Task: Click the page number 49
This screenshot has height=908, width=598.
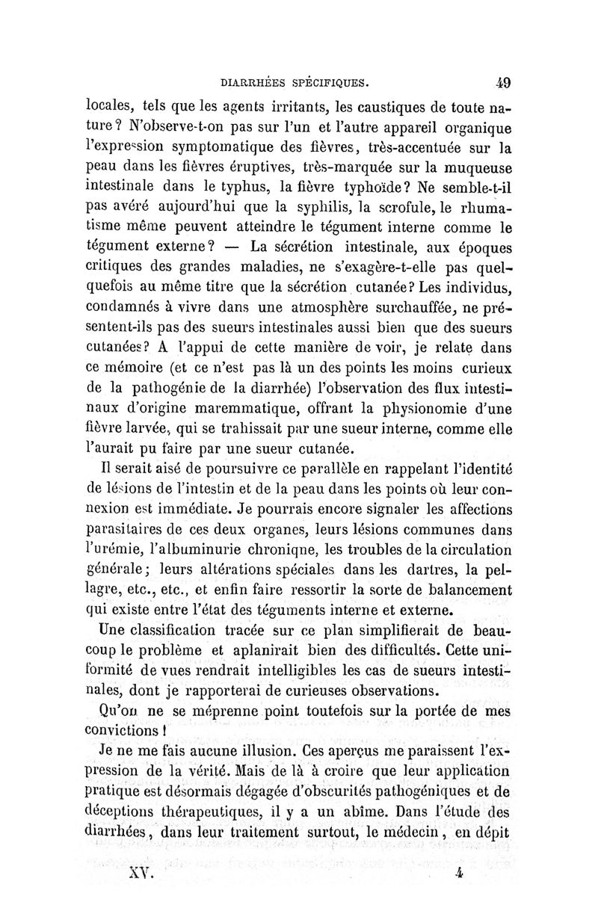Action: pos(502,81)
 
